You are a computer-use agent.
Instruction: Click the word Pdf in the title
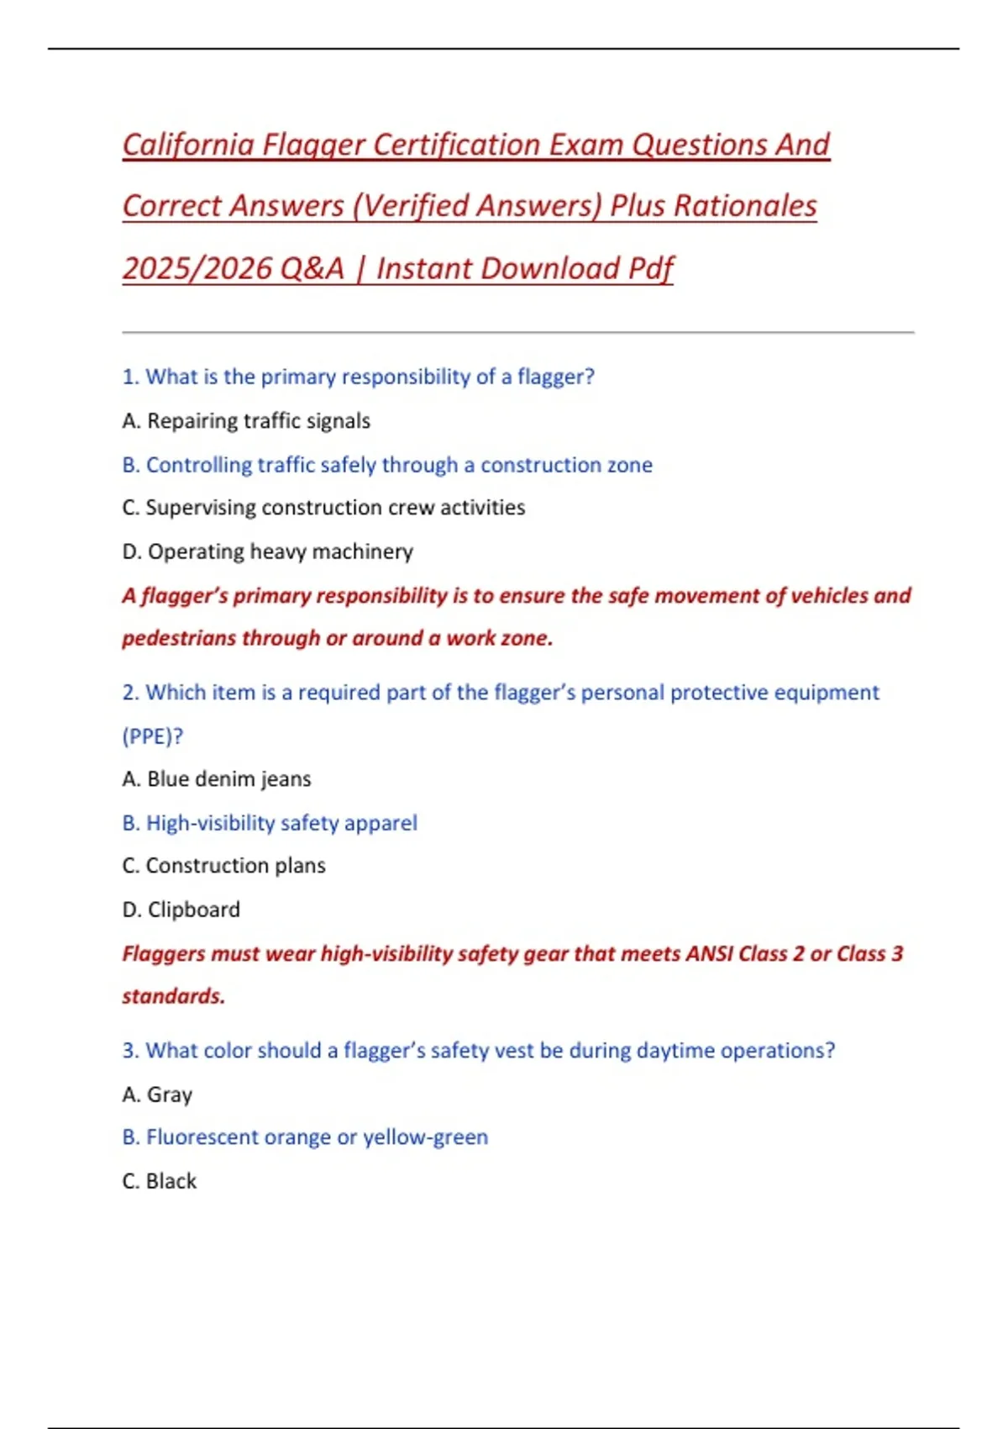[x=651, y=269]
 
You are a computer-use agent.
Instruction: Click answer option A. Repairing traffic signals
[x=246, y=421]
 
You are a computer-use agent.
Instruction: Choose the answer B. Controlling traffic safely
[x=387, y=465]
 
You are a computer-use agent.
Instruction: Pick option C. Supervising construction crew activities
[x=323, y=508]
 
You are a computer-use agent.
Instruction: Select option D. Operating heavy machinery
[x=268, y=551]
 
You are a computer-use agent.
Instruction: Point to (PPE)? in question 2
[x=153, y=736]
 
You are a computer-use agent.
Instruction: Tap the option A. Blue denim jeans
[x=217, y=779]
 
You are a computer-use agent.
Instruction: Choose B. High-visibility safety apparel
[x=270, y=823]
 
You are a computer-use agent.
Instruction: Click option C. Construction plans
[x=224, y=866]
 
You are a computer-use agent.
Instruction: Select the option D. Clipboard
[x=181, y=910]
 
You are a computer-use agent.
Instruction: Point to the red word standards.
[x=174, y=997]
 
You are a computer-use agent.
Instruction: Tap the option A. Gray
[x=158, y=1094]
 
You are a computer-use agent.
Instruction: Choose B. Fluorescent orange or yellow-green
[x=305, y=1137]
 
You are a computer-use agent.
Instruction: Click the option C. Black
[x=160, y=1181]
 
